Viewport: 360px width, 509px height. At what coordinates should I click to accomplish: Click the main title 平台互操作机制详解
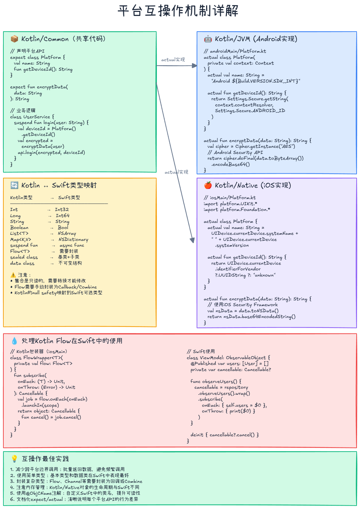click(x=178, y=11)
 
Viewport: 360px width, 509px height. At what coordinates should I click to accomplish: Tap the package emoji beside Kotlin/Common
click(x=14, y=39)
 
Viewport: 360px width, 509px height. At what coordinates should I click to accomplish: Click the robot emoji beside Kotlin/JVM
click(x=208, y=39)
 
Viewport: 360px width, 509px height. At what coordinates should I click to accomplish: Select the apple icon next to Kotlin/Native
click(x=208, y=185)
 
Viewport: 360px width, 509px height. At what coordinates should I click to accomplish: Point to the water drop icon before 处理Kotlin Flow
click(x=14, y=341)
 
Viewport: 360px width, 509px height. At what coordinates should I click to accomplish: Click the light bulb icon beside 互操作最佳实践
click(x=14, y=459)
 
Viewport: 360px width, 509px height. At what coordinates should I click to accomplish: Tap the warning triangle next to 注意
click(x=13, y=275)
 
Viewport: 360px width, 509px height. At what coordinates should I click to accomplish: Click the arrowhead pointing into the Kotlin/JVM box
click(x=195, y=66)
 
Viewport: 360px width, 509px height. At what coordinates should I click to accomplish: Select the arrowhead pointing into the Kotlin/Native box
click(x=193, y=240)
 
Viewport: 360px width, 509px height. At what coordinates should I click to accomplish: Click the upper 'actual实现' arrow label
click(x=173, y=59)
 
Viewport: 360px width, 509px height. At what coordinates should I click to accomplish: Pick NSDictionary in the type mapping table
click(x=73, y=240)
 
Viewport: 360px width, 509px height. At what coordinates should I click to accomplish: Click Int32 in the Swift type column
click(x=62, y=210)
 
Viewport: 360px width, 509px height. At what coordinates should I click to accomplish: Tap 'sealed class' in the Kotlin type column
click(x=24, y=257)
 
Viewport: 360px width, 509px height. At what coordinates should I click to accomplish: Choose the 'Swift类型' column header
click(x=69, y=197)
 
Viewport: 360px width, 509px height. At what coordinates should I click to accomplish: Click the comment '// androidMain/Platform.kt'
click(x=235, y=51)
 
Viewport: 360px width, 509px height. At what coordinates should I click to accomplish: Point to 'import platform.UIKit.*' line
click(x=230, y=204)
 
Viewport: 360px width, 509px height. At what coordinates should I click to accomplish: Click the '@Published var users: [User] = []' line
click(x=230, y=364)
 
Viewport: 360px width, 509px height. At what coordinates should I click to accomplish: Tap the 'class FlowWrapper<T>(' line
click(x=36, y=357)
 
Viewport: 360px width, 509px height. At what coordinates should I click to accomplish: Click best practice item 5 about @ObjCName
click(x=75, y=493)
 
